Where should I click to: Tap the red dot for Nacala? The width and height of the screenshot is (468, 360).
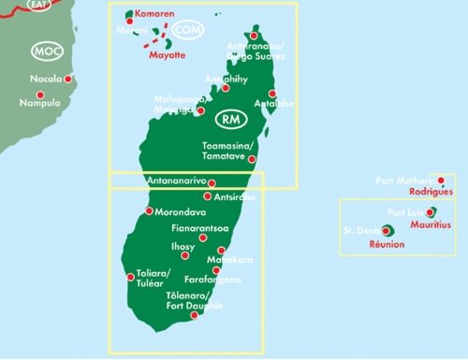pyautogui.click(x=67, y=79)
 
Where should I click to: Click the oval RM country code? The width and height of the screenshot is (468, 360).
pyautogui.click(x=229, y=120)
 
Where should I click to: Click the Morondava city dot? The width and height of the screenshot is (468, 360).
pyautogui.click(x=149, y=212)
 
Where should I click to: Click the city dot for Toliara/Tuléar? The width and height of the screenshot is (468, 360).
pyautogui.click(x=130, y=276)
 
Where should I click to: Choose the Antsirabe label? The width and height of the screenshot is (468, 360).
pyautogui.click(x=235, y=196)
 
